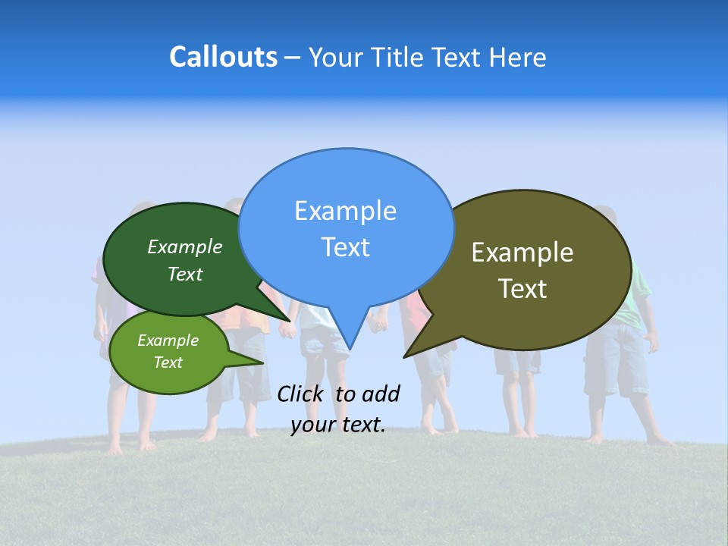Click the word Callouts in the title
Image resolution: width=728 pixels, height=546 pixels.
224,57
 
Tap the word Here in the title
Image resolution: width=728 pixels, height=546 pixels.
518,57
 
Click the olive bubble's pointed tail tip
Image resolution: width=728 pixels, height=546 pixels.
405,356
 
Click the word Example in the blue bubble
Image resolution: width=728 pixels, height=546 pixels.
345,211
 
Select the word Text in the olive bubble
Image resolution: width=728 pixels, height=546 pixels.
522,289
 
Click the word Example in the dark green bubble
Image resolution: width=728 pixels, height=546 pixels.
185,246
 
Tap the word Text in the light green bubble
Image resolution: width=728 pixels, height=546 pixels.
168,362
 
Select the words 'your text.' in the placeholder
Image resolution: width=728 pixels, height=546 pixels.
337,425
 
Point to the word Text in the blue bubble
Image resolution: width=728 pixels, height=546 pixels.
345,247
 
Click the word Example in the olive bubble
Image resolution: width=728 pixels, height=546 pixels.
522,253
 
